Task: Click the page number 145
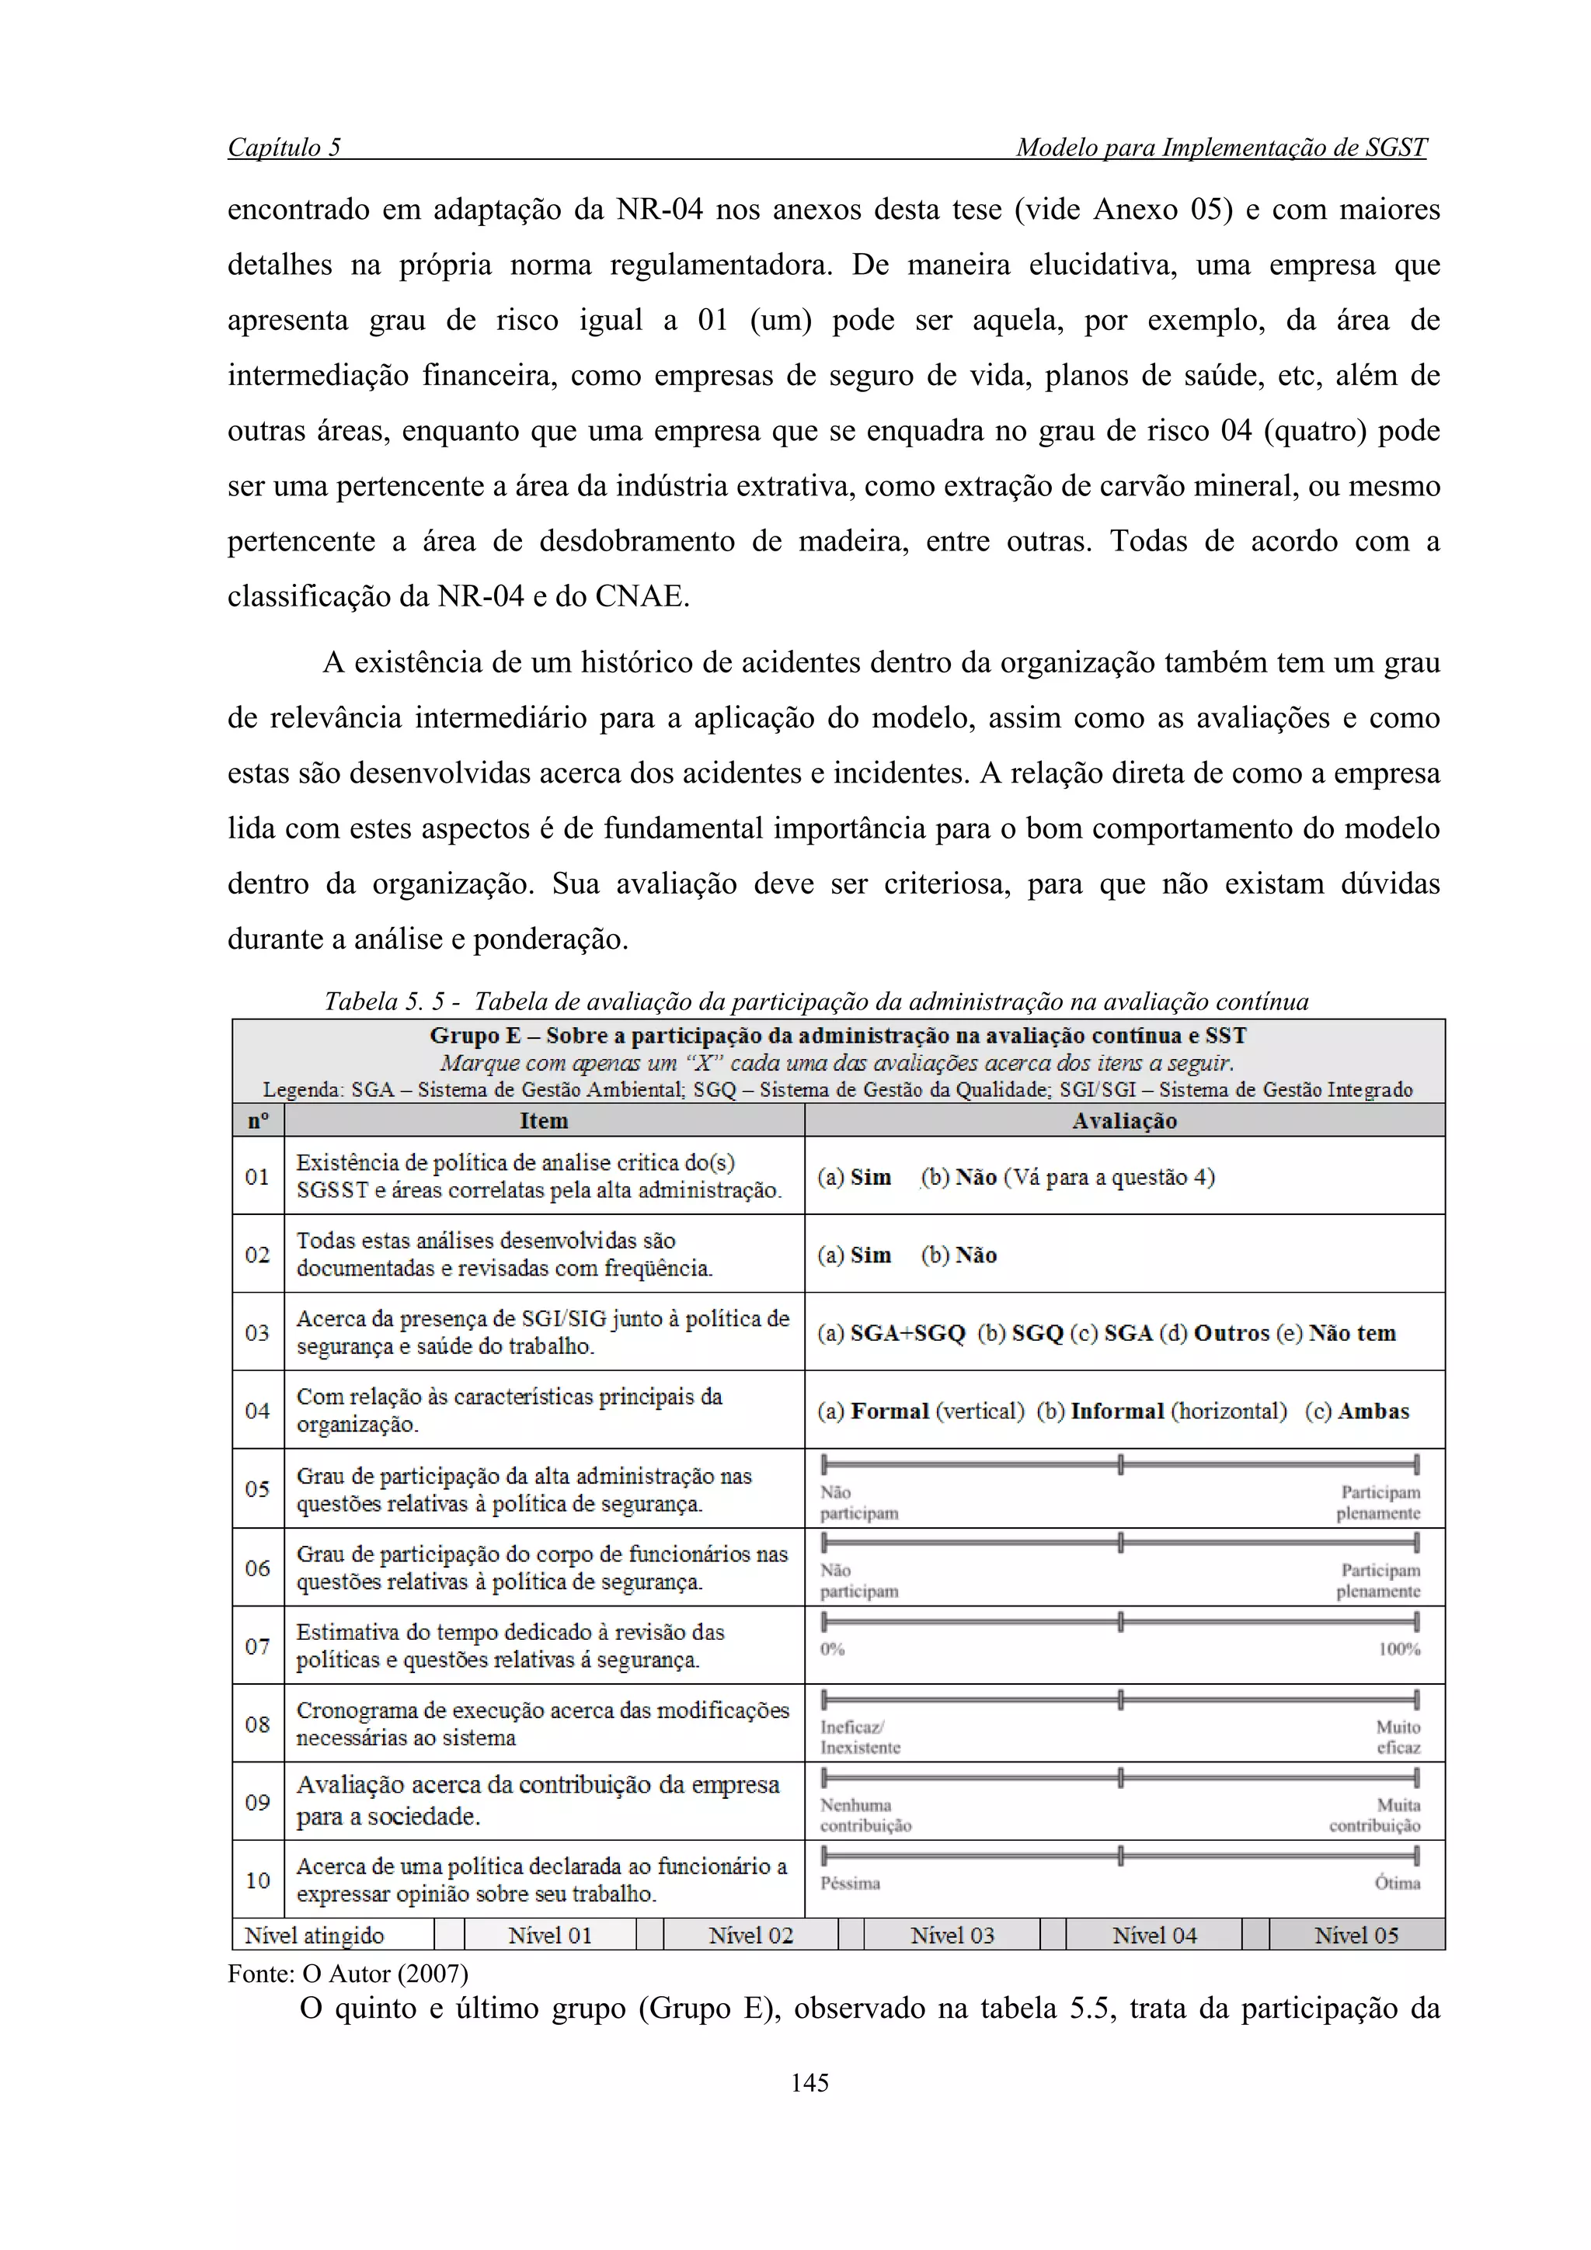point(809,2082)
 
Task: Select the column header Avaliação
point(1123,1120)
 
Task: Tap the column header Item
point(543,1120)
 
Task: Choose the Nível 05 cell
point(1356,1936)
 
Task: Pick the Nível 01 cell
point(550,1936)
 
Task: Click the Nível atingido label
point(314,1936)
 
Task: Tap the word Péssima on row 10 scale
point(850,1884)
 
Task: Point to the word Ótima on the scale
point(1397,1884)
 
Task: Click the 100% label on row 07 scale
point(1399,1649)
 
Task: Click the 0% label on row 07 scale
point(832,1649)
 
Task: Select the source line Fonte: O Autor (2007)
point(348,1974)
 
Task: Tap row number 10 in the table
point(258,1880)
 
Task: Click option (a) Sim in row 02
point(855,1255)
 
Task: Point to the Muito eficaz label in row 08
point(1398,1737)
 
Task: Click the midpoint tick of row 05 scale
point(1119,1465)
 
